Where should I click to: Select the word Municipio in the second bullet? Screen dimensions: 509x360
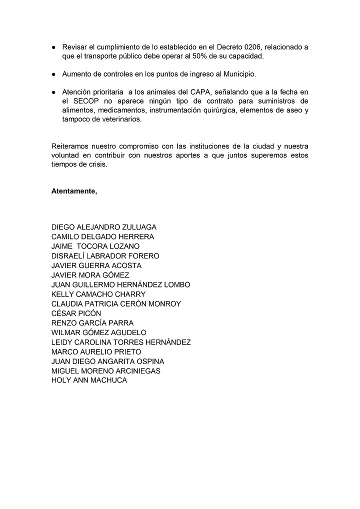pyautogui.click(x=237, y=74)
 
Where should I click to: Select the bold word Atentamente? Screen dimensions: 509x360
pyautogui.click(x=74, y=191)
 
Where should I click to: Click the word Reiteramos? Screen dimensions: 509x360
pyautogui.click(x=70, y=146)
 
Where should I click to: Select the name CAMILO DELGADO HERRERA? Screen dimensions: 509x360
pyautogui.click(x=102, y=237)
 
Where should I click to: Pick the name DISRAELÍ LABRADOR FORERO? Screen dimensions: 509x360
pyautogui.click(x=105, y=256)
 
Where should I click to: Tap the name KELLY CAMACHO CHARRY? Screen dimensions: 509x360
pyautogui.click(x=98, y=294)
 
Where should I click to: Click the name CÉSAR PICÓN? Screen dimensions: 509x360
pyautogui.click(x=76, y=313)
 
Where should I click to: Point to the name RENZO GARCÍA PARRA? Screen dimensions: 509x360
pyautogui.click(x=92, y=323)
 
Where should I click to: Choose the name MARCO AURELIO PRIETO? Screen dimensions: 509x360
pyautogui.click(x=96, y=351)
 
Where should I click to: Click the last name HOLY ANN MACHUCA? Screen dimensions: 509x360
pyautogui.click(x=89, y=380)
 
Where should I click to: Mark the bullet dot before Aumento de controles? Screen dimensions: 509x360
pyautogui.click(x=53, y=74)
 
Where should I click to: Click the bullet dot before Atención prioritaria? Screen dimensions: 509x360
pyautogui.click(x=53, y=92)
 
